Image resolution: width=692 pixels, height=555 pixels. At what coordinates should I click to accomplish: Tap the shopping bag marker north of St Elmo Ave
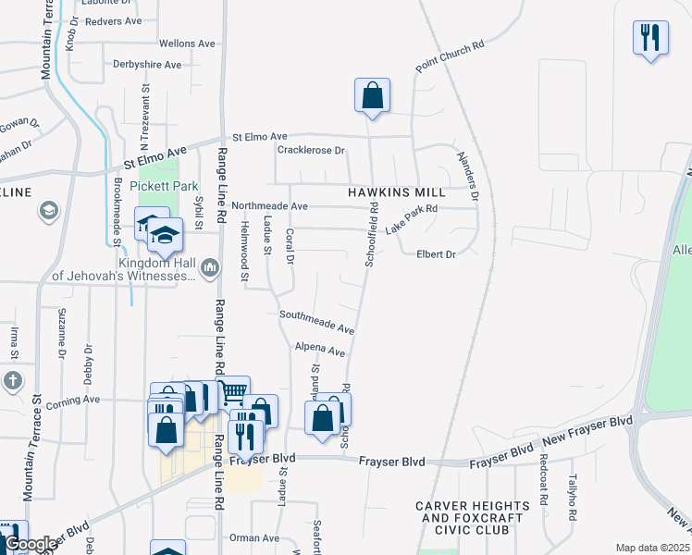(371, 95)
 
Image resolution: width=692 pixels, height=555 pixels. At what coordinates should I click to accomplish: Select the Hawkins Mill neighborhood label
(397, 192)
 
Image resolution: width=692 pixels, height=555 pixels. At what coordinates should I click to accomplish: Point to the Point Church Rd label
(451, 57)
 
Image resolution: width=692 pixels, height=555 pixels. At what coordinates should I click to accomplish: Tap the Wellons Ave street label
(187, 43)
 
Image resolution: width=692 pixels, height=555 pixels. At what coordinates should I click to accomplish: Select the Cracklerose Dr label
(311, 150)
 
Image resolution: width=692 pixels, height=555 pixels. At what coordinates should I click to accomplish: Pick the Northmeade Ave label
(269, 205)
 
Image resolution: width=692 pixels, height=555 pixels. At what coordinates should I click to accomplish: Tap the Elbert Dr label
(437, 254)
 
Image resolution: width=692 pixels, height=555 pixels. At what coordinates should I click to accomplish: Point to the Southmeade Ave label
(317, 322)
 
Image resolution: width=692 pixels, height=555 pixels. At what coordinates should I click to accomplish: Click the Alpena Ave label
(319, 350)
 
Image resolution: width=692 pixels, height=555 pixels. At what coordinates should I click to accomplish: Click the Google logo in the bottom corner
(31, 544)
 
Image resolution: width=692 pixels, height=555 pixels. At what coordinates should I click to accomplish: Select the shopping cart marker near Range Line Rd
(232, 393)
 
